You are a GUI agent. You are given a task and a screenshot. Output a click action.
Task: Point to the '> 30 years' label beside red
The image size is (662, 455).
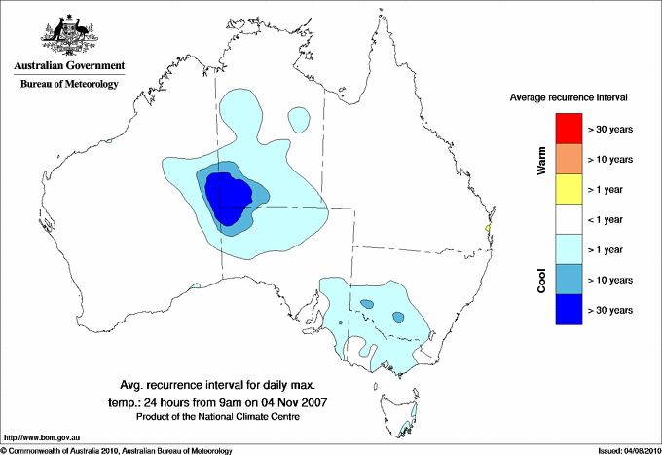click(x=611, y=128)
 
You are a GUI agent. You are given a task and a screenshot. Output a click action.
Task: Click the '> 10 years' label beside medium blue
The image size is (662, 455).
click(x=611, y=280)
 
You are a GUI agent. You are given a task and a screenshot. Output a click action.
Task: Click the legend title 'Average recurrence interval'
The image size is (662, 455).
click(x=569, y=98)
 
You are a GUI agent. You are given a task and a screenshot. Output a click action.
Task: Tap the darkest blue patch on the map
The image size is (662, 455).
click(x=228, y=198)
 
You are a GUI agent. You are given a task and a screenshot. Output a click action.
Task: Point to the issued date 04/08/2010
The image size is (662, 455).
click(x=628, y=450)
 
